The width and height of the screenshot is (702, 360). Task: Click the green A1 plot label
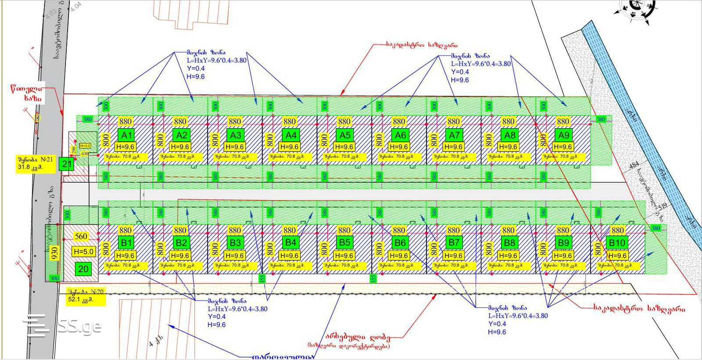[126, 135]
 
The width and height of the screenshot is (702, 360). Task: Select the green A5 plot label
[345, 135]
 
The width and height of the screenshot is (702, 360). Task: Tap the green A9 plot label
[563, 135]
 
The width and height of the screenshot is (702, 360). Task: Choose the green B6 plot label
[400, 243]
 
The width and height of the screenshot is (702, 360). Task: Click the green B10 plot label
[617, 243]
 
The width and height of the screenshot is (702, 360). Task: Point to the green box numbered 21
[67, 164]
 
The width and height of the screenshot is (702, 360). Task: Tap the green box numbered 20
[83, 269]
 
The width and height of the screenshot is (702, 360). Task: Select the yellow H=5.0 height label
[83, 252]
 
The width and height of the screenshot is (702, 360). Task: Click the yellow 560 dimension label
[81, 237]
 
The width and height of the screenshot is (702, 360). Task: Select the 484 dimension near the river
[634, 166]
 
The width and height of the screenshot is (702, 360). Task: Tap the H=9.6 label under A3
[235, 147]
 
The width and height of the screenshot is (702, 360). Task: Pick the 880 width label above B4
[290, 230]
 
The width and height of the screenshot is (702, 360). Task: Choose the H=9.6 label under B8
[508, 256]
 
